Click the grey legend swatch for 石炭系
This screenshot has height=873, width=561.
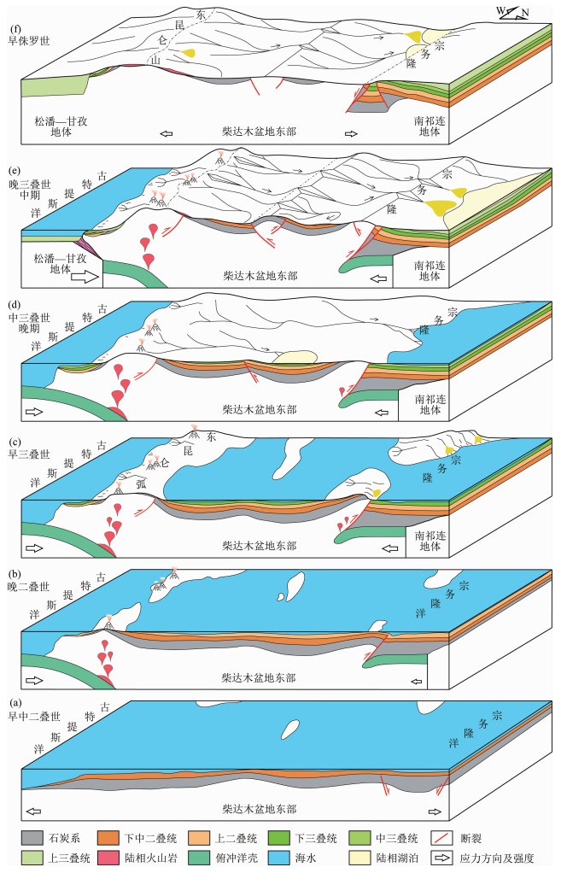[x=31, y=838]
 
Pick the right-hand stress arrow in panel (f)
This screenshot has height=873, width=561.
[x=350, y=133]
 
